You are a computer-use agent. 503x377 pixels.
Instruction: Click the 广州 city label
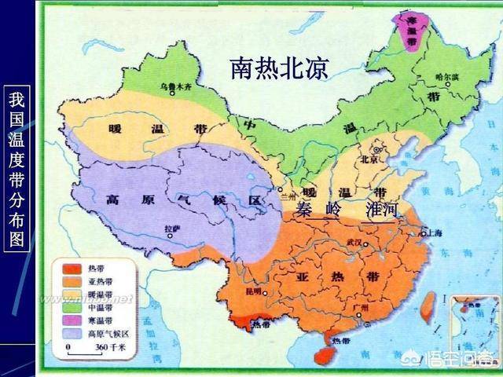[361, 308]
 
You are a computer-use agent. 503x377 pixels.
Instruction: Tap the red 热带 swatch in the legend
[67, 269]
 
